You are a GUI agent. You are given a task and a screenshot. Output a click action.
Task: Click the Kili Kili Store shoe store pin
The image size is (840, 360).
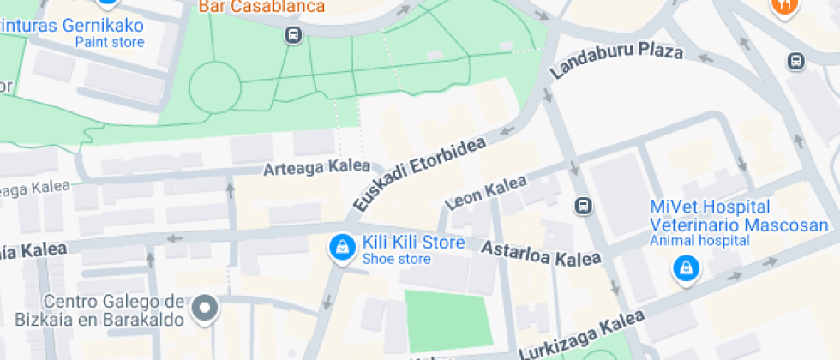click(x=343, y=249)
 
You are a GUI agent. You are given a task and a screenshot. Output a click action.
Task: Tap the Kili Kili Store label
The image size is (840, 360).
click(x=413, y=243)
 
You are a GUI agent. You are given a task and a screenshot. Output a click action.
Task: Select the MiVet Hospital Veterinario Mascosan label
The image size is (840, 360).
click(x=711, y=216)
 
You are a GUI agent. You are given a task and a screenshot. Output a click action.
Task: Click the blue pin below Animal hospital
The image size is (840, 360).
click(x=686, y=270)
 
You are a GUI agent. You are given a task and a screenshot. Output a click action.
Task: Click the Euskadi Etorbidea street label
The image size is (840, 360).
click(x=420, y=174)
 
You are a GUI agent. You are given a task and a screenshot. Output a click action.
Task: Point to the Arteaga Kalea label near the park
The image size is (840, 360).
click(x=317, y=168)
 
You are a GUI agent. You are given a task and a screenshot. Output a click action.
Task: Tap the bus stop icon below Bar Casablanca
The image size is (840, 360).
click(x=293, y=35)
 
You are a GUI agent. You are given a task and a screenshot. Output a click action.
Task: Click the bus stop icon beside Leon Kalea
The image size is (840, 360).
click(x=584, y=206)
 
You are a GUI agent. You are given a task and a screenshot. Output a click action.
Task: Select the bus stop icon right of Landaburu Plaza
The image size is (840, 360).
click(x=796, y=61)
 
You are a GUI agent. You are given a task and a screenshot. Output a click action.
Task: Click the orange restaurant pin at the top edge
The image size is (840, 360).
click(x=783, y=7)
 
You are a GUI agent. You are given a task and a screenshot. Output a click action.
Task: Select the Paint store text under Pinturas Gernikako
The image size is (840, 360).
click(x=110, y=41)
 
